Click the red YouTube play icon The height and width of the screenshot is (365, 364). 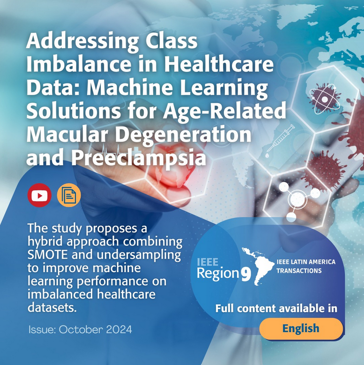[x=39, y=195]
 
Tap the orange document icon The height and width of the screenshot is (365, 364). [x=69, y=195]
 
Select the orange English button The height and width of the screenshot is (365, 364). [x=301, y=328]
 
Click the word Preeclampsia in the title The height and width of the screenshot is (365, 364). [x=139, y=158]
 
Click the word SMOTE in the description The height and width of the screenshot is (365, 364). [x=47, y=255]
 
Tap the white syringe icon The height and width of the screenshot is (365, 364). [x=280, y=138]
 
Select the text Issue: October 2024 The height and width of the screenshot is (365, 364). [x=80, y=330]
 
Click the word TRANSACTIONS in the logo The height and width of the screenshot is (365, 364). [x=299, y=271]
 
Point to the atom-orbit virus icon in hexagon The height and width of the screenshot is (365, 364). [x=325, y=99]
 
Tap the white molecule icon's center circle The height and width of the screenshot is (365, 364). [x=297, y=200]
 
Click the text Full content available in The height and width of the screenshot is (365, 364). [x=276, y=308]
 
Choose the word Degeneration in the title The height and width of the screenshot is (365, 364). [x=183, y=135]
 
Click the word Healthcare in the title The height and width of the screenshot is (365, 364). [x=219, y=64]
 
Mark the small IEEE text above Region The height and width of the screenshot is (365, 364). [x=208, y=262]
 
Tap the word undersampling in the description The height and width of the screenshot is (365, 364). [x=139, y=255]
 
